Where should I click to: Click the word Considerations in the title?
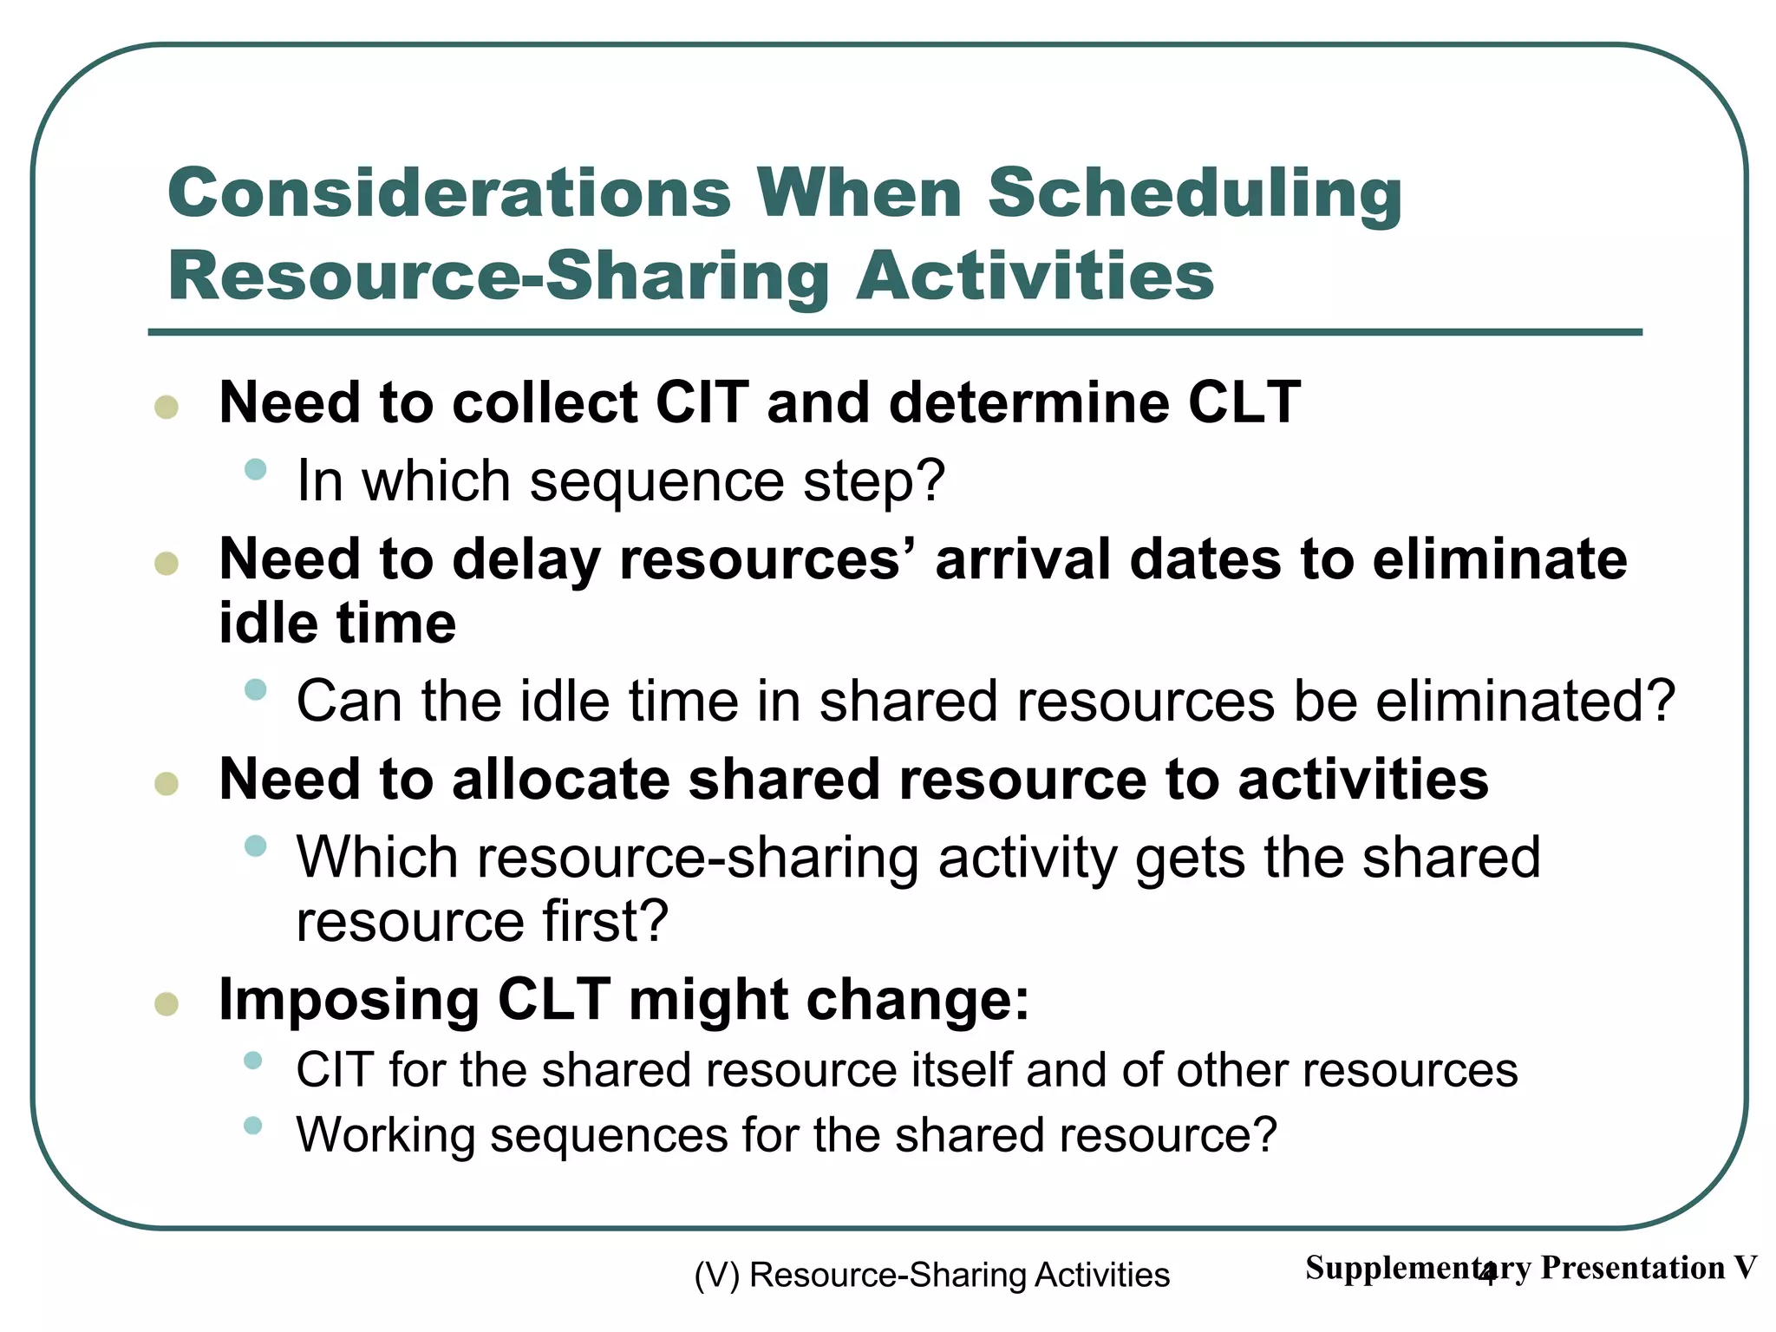tap(449, 193)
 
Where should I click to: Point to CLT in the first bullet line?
tap(1244, 402)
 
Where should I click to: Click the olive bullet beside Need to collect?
tap(166, 407)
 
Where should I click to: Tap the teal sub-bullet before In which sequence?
tap(255, 470)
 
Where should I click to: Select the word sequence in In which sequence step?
tap(656, 482)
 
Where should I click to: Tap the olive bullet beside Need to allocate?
tap(166, 784)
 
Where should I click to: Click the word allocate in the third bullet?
tap(560, 779)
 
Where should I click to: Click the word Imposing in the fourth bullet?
tap(349, 1001)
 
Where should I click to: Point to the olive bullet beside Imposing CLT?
tap(166, 1004)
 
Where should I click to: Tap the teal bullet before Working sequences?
tap(252, 1126)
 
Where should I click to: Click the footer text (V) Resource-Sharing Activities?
tap(932, 1275)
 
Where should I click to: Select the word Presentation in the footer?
tap(1632, 1268)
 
